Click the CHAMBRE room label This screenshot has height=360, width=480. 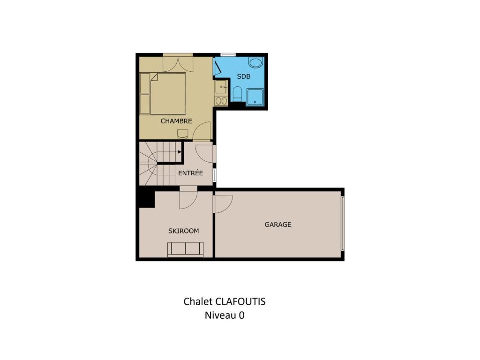pyautogui.click(x=176, y=121)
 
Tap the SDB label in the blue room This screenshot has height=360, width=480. pyautogui.click(x=244, y=76)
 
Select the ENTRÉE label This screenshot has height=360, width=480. pyautogui.click(x=190, y=172)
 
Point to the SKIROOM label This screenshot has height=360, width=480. pyautogui.click(x=183, y=231)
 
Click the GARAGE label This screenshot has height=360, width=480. pyautogui.click(x=278, y=225)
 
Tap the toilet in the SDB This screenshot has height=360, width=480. pyautogui.click(x=238, y=93)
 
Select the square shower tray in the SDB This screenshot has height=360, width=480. pyautogui.click(x=255, y=97)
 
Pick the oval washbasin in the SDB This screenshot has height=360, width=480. pyautogui.click(x=255, y=63)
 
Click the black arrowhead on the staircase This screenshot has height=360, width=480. pyautogui.click(x=180, y=152)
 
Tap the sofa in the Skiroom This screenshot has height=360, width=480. pyautogui.click(x=185, y=249)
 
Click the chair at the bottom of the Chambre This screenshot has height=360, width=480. pyautogui.click(x=183, y=134)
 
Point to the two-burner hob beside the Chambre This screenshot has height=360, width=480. pyautogui.click(x=221, y=101)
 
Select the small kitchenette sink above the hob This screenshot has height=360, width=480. pyautogui.click(x=221, y=87)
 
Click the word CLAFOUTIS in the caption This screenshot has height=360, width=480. pyautogui.click(x=240, y=301)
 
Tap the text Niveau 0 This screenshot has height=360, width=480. pyautogui.click(x=225, y=315)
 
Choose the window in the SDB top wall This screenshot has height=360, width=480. pyautogui.click(x=228, y=54)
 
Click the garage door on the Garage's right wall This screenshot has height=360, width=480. pyautogui.click(x=343, y=224)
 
